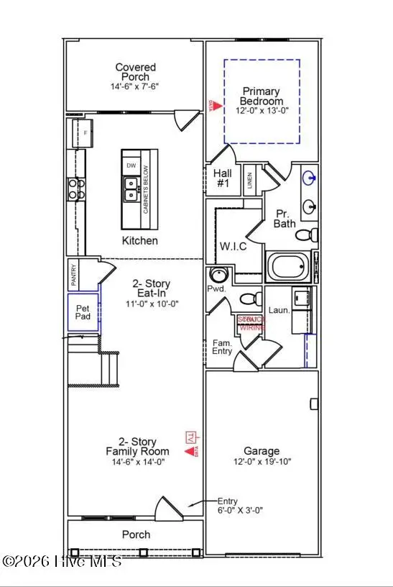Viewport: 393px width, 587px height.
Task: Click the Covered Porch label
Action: point(136,72)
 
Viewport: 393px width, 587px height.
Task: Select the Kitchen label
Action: point(139,240)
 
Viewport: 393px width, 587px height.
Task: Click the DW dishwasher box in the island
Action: point(131,165)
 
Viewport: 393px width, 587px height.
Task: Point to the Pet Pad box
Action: point(83,312)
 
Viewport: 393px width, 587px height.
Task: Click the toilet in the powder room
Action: point(249,298)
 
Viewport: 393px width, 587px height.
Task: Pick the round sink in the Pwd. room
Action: point(218,276)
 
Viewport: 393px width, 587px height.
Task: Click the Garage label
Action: point(261,451)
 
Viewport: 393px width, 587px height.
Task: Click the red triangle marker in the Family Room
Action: point(190,451)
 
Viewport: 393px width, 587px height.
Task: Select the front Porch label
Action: point(136,534)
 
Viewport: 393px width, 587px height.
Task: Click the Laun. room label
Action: point(279,310)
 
